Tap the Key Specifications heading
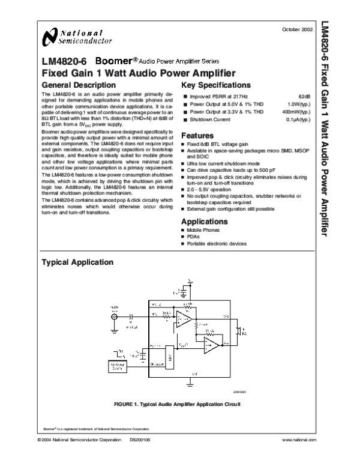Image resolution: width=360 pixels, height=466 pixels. tap(215, 85)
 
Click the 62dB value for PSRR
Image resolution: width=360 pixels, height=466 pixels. tap(304, 97)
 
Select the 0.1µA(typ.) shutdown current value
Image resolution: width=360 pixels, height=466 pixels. tap(297, 120)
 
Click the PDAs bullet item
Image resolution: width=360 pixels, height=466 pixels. tap(194, 237)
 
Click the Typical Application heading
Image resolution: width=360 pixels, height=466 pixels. tap(76, 262)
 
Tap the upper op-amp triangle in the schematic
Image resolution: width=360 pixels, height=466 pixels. tap(185, 323)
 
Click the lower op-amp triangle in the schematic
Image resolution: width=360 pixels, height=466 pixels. tap(211, 344)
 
